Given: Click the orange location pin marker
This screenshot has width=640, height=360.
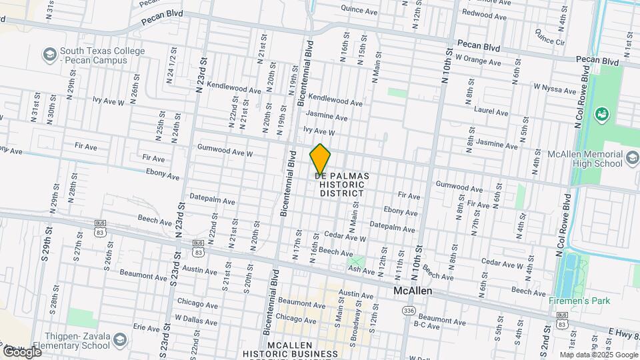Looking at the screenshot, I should point(320,159).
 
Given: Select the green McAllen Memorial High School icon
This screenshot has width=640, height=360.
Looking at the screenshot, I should point(602,114).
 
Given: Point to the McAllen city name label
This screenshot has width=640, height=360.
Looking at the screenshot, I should point(413,292).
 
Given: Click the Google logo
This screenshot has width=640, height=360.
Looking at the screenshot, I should point(21,351).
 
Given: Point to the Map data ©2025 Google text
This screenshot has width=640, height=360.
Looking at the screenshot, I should point(599,354).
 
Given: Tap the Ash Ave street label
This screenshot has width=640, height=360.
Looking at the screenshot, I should point(362,270).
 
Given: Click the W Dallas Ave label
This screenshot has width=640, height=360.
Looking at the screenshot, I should point(197,319).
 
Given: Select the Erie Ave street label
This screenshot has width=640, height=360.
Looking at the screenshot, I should point(147,327).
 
